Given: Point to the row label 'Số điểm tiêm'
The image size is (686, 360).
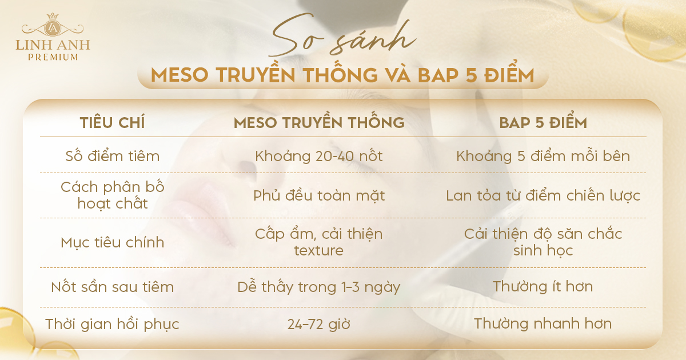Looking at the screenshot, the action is pyautogui.click(x=113, y=155).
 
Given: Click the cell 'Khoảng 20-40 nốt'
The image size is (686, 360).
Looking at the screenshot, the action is pyautogui.click(x=319, y=156).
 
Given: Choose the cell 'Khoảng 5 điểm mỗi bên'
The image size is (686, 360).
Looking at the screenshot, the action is pyautogui.click(x=543, y=155).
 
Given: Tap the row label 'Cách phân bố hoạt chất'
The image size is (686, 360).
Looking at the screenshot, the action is pyautogui.click(x=113, y=195).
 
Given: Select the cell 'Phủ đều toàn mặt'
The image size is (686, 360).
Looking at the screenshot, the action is pyautogui.click(x=319, y=195).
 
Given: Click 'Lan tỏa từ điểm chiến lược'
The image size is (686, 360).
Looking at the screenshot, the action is pyautogui.click(x=543, y=195).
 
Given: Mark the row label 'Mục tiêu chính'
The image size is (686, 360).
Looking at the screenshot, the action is pyautogui.click(x=113, y=243).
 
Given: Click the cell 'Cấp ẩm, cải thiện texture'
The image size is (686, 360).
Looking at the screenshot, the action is pyautogui.click(x=319, y=242).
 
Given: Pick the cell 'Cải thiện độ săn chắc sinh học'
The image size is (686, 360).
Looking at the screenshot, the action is pyautogui.click(x=543, y=242).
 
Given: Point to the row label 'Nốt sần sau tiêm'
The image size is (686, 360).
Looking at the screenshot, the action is pyautogui.click(x=113, y=286).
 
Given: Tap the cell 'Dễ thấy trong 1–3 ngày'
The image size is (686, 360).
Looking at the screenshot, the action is pyautogui.click(x=319, y=287).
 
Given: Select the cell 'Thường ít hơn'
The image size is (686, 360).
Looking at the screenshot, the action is pyautogui.click(x=543, y=286).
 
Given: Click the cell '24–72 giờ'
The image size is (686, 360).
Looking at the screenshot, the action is pyautogui.click(x=319, y=324).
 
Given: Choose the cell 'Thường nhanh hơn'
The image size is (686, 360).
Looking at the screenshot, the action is pyautogui.click(x=543, y=323).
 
